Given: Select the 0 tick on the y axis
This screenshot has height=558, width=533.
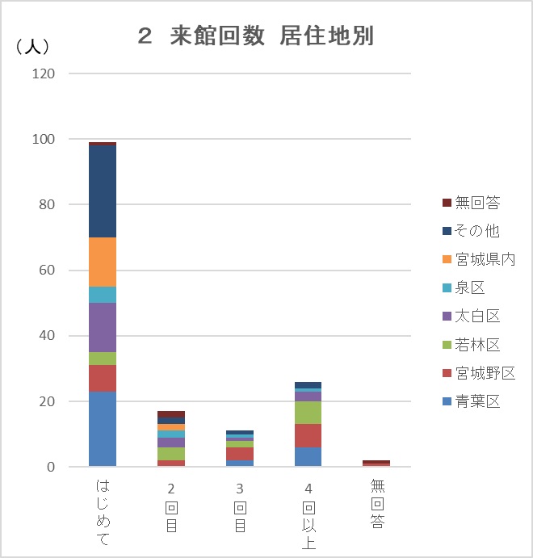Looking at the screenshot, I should [x=50, y=467].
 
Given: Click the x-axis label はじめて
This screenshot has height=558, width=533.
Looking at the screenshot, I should [x=103, y=512].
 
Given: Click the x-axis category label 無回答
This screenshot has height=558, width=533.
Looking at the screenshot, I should [x=376, y=506].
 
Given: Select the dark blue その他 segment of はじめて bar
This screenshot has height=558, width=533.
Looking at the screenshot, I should [x=103, y=191].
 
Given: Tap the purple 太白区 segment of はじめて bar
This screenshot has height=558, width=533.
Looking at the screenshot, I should [x=103, y=327].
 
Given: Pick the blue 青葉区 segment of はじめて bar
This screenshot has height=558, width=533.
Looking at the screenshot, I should [x=103, y=429].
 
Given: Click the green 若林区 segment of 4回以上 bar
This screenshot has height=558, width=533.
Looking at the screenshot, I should [x=308, y=413].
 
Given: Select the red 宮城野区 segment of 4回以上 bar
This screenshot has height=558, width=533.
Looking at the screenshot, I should [x=308, y=435].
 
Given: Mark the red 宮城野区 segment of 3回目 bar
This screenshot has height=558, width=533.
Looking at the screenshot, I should [x=239, y=454].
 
